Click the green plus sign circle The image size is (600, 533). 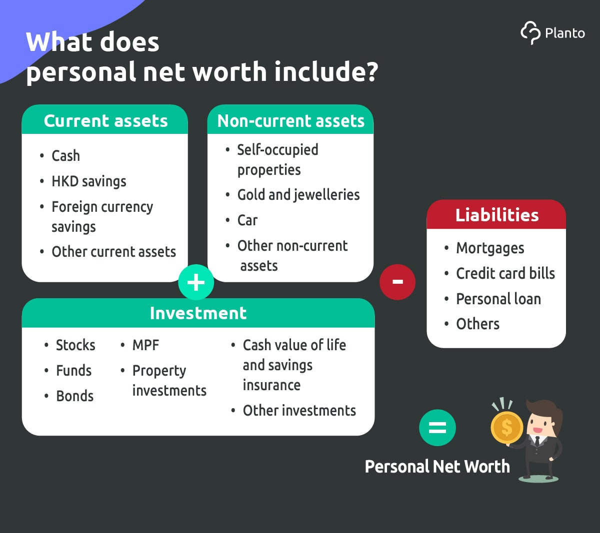pos(196,282)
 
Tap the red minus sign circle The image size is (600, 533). pos(397,282)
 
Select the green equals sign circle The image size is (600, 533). pos(437,427)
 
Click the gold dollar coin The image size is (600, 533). pos(506,427)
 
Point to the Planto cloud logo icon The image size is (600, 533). pos(530,33)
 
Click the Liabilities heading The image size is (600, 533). pos(497,215)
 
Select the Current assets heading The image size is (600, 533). pos(105,121)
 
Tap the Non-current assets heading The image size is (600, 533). pos(291,121)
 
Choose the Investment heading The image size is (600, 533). pos(198,313)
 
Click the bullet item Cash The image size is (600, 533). pos(65,156)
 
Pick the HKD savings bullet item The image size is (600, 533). pos(89,181)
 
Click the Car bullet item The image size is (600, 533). pos(247,220)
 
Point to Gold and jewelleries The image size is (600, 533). pos(298,195)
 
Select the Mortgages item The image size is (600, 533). pos(490,248)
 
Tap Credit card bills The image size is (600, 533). pos(505,273)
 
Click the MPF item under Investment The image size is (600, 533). pos(145,345)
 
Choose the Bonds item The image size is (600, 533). pos(75,396)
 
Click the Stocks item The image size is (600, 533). pos(75,345)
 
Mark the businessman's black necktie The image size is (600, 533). pos(537,441)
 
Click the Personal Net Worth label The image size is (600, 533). pos(437,467)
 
